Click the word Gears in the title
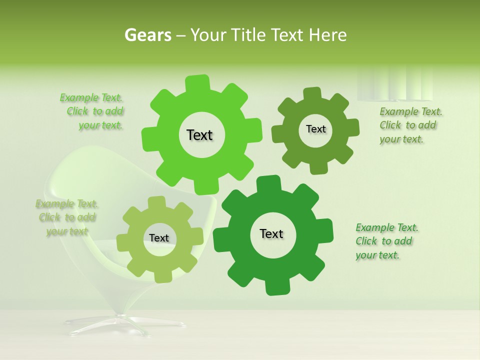click(147, 35)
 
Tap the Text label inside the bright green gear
click(199, 135)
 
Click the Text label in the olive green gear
click(315, 129)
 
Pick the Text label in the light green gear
click(159, 238)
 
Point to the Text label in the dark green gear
click(271, 233)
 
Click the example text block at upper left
click(92, 111)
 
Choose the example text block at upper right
click(410, 125)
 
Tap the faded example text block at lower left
click(66, 217)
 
